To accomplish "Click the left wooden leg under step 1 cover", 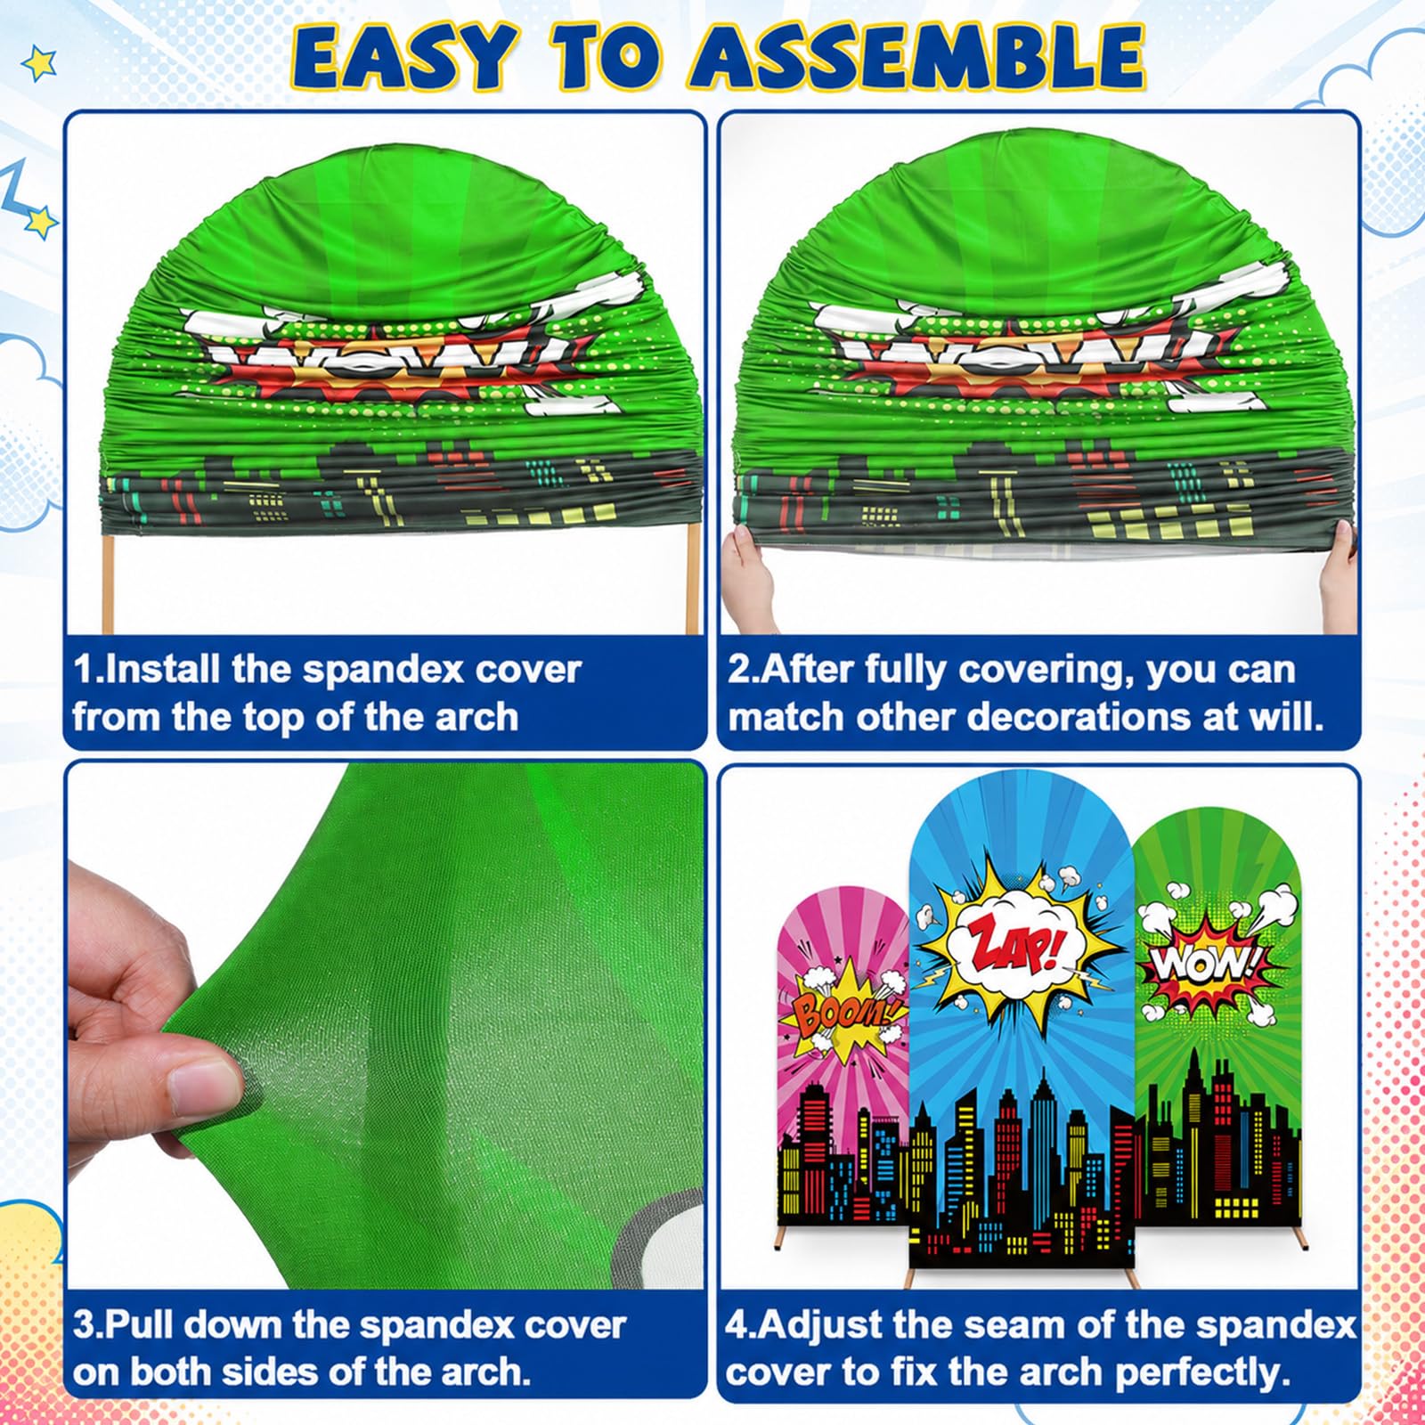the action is (x=110, y=583).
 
